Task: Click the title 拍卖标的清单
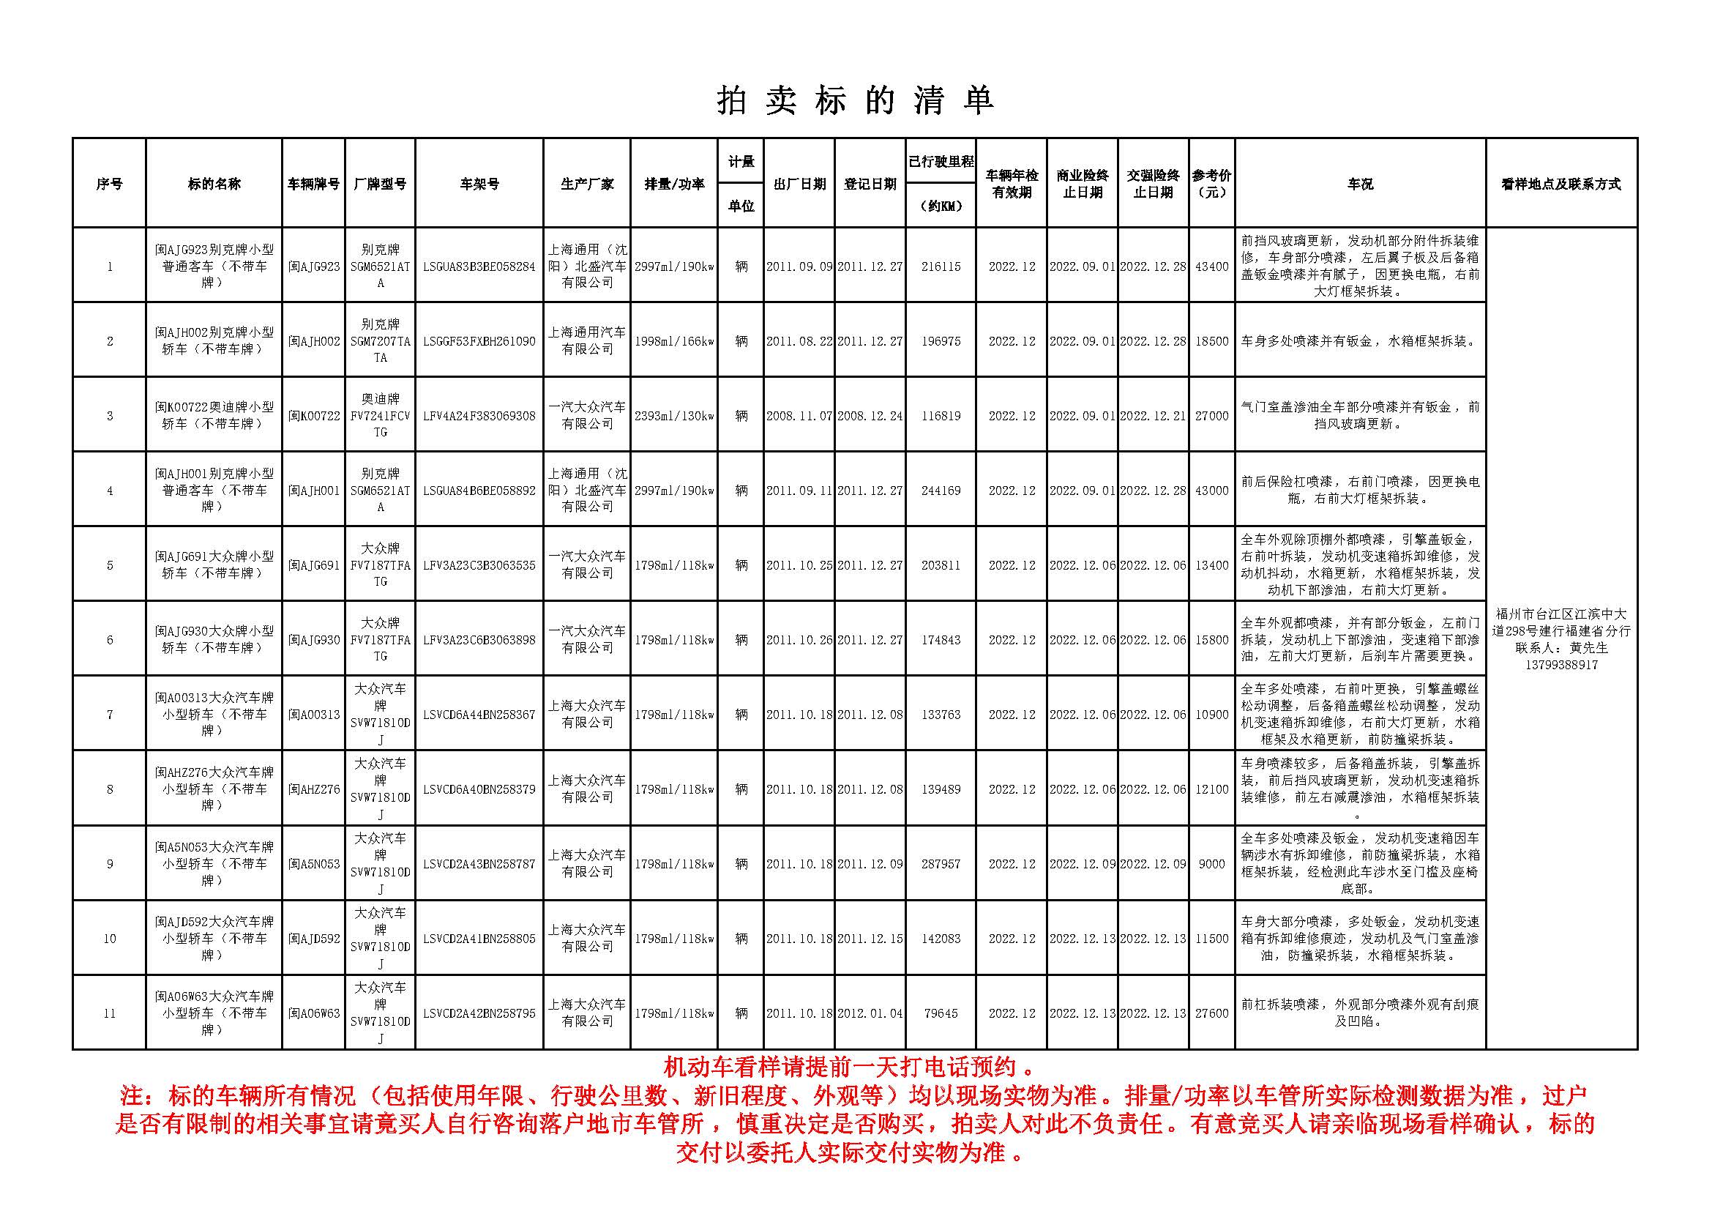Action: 855,100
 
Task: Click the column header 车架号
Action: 479,184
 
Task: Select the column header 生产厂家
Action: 587,184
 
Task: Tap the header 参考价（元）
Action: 1211,184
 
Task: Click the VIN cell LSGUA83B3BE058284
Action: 479,267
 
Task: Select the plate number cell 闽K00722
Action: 314,416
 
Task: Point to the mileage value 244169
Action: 941,491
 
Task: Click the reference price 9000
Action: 1211,864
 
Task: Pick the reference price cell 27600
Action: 1211,1013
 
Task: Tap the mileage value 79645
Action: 941,1013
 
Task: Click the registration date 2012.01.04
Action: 870,1013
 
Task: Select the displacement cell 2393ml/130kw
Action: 673,416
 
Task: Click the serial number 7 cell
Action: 110,715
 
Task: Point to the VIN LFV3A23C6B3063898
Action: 479,640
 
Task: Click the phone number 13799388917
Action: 1560,664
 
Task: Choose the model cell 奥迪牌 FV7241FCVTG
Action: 381,415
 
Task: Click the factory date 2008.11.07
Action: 799,416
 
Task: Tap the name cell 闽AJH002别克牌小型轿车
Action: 214,340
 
